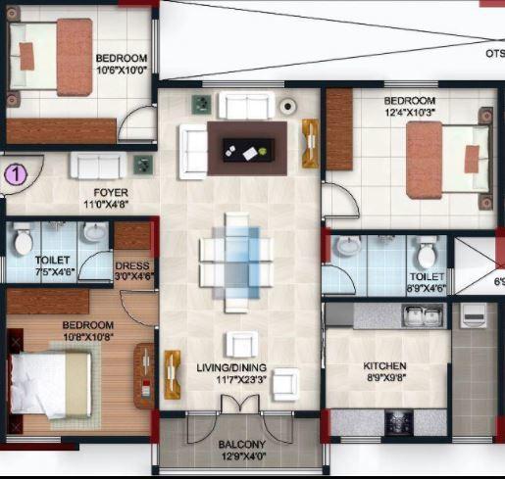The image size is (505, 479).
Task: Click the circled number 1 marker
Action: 16,174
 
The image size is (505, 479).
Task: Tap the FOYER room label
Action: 111,193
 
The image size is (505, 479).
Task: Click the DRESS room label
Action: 131,264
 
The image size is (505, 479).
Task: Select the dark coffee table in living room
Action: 247,142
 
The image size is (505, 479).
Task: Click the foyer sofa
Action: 97,166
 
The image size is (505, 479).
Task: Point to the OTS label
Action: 494,54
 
